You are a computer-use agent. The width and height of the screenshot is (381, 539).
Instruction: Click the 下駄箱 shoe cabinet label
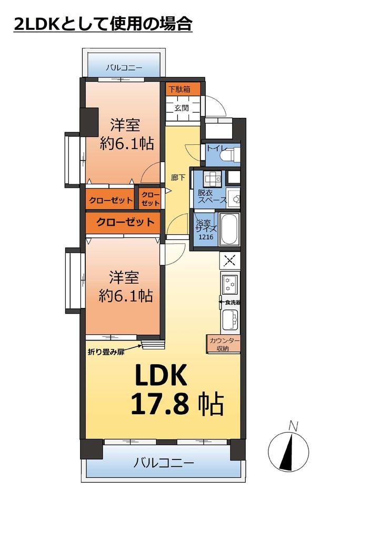click(179, 89)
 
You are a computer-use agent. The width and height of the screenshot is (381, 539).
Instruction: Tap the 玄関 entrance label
click(181, 108)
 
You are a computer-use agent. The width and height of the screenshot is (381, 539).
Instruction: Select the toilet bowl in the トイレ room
click(233, 154)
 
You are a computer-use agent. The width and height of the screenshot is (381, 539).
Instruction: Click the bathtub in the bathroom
click(229, 229)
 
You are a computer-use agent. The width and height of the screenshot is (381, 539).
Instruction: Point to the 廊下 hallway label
click(178, 178)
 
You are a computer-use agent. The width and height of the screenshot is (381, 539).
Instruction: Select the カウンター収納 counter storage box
click(223, 344)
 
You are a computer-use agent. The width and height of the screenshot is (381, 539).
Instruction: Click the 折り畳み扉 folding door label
click(106, 352)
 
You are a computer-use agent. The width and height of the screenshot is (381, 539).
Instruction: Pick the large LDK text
click(161, 375)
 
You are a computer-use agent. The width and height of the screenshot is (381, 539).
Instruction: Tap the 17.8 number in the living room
click(160, 404)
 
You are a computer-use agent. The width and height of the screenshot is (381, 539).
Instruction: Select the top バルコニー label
click(124, 67)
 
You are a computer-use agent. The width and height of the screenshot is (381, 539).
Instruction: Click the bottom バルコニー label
click(164, 463)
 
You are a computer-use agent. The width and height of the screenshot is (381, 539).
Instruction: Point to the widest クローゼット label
click(125, 222)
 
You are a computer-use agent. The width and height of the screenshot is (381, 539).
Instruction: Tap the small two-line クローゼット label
click(151, 199)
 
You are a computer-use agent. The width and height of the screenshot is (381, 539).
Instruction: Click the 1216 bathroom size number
click(206, 237)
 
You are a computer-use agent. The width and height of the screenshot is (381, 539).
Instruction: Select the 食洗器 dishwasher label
click(232, 303)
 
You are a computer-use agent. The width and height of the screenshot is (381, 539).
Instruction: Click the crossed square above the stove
click(230, 260)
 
